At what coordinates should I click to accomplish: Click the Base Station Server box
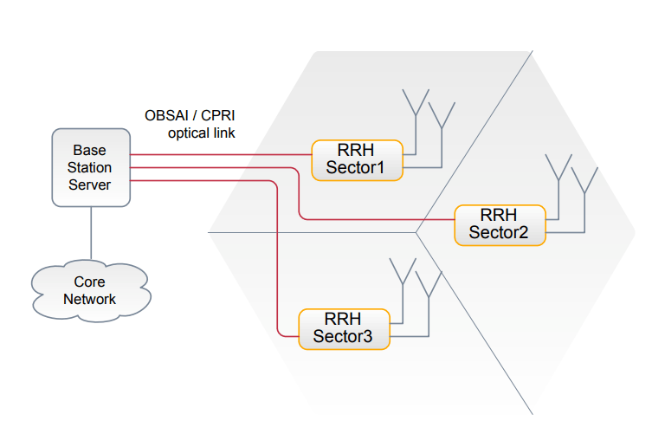(x=90, y=167)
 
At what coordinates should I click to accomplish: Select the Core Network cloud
(x=89, y=291)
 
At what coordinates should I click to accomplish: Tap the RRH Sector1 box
(x=357, y=159)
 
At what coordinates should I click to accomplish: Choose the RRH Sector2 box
(x=499, y=224)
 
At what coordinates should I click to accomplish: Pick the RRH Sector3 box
(x=343, y=328)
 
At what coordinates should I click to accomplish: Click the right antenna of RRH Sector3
(x=429, y=284)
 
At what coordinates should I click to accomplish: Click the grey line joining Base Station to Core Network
(x=90, y=234)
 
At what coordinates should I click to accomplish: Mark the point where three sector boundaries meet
(x=416, y=233)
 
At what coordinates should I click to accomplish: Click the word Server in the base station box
(x=90, y=184)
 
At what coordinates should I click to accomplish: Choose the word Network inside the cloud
(x=89, y=299)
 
